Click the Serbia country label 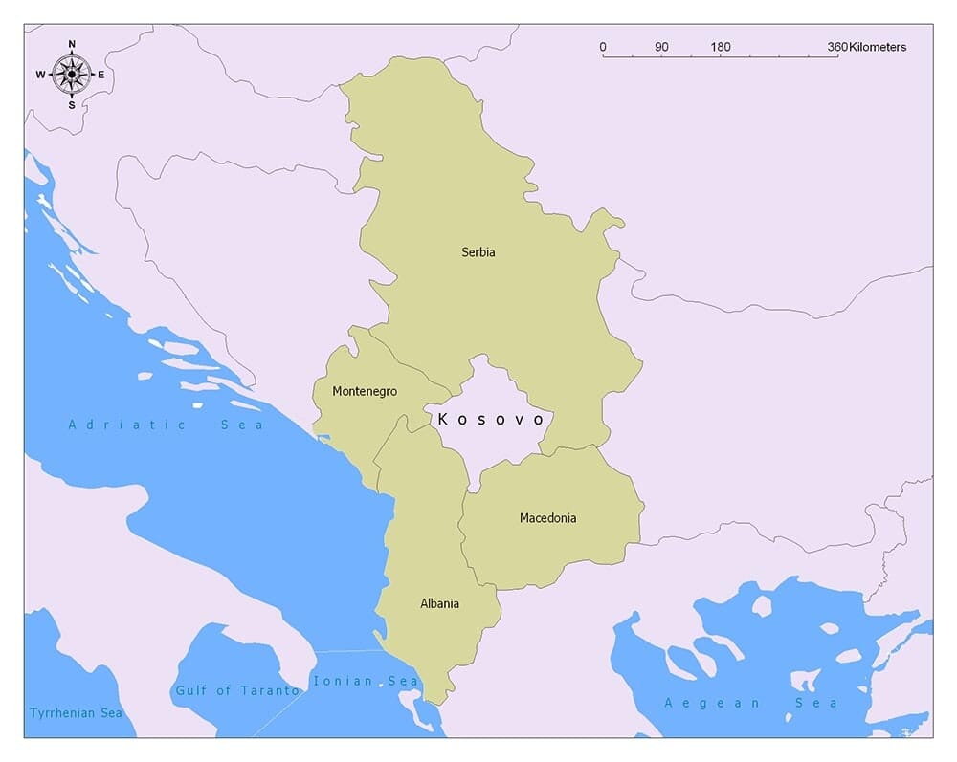[x=478, y=252]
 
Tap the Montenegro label [x=364, y=391]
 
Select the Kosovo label [x=491, y=420]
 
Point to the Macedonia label [x=547, y=518]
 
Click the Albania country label [x=439, y=603]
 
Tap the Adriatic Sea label [x=166, y=425]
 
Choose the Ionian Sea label [x=366, y=681]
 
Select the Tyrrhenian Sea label [x=76, y=713]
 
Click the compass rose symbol [x=72, y=74]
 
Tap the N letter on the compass [x=72, y=44]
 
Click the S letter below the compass [x=72, y=105]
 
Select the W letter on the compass [x=41, y=75]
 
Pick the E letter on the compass [x=101, y=75]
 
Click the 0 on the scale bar [x=602, y=47]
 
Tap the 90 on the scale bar [x=661, y=47]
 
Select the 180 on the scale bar [x=721, y=47]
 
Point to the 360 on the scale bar [x=837, y=47]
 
